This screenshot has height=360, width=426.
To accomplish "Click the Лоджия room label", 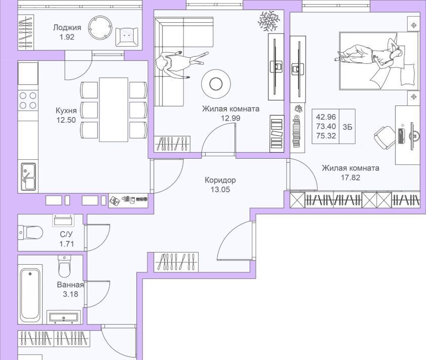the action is [67, 27].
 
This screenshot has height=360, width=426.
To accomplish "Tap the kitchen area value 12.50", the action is [66, 120].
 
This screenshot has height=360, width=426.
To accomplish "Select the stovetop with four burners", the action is [28, 100].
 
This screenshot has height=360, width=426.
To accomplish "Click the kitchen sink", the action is [28, 177].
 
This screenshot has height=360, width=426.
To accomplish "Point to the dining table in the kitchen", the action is [113, 110].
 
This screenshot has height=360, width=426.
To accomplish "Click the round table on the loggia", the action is [100, 28].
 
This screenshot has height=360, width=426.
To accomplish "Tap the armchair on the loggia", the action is [127, 37].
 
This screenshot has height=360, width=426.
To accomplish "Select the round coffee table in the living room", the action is [216, 84].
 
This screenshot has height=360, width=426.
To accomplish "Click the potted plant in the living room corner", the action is [268, 21].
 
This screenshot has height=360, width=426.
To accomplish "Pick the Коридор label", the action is [220, 180].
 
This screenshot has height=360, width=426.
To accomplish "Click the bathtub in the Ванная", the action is [30, 294].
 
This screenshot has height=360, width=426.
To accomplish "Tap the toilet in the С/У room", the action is [30, 233].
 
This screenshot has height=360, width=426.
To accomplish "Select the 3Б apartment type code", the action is [347, 127].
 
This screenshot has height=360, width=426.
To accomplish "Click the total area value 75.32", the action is [326, 136].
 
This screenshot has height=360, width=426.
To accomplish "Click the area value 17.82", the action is [351, 177].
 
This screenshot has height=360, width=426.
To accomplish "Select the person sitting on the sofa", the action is [179, 62].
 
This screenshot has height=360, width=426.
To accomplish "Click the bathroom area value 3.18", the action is [70, 294].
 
